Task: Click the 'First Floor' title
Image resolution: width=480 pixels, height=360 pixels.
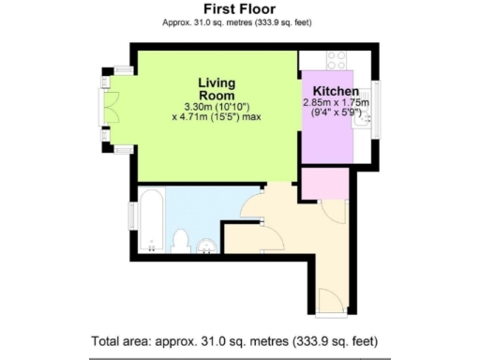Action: (x=239, y=8)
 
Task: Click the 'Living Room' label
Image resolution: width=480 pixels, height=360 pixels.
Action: (x=216, y=88)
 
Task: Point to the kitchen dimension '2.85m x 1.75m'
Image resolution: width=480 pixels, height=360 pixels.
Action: (x=336, y=103)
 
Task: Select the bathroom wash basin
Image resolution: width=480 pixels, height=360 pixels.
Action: (x=206, y=246)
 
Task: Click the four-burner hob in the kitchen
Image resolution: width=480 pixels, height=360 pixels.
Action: (x=336, y=60)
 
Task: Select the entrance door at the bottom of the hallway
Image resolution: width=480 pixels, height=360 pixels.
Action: (x=329, y=302)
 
